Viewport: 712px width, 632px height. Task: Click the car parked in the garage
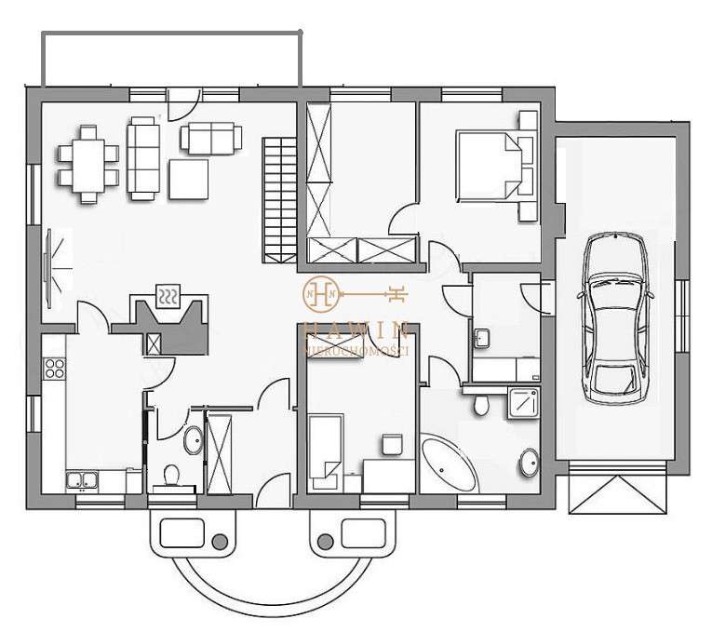click(614, 316)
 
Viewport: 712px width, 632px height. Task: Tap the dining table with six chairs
click(87, 164)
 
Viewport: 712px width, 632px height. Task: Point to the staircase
click(276, 197)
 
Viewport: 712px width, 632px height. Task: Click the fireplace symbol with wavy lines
click(168, 297)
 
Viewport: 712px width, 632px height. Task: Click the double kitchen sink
click(83, 480)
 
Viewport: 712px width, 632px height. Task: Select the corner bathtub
click(450, 464)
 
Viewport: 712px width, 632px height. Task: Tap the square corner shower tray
click(524, 403)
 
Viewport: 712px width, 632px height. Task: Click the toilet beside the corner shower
click(480, 404)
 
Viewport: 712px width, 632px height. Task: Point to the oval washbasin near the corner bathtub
click(529, 461)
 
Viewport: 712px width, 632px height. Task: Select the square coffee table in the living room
click(188, 179)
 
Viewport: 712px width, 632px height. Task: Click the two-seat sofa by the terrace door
click(210, 138)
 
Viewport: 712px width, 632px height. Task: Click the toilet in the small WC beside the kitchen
click(169, 476)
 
